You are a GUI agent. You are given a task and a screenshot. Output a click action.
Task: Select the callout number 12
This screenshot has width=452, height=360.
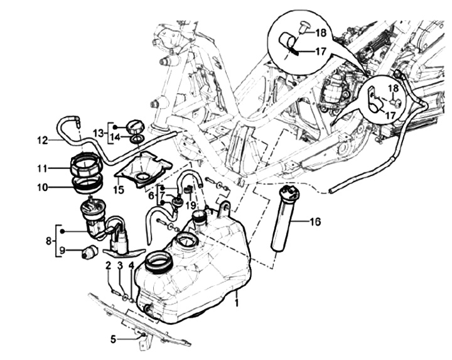pyautogui.click(x=42, y=141)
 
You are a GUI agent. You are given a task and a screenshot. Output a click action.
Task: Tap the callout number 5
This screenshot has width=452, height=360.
pyautogui.click(x=113, y=339)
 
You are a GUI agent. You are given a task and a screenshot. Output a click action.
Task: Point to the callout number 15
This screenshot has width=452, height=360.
pyautogui.click(x=119, y=190)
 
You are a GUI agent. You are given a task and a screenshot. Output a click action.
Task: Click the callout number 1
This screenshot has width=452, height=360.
pyautogui.click(x=237, y=303)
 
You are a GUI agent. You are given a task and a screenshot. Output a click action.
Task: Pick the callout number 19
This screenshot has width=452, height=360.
pyautogui.click(x=191, y=205)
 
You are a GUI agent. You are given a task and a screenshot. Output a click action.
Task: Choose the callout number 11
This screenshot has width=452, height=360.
pyautogui.click(x=42, y=168)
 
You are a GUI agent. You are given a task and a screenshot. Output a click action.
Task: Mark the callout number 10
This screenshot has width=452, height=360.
pyautogui.click(x=42, y=187)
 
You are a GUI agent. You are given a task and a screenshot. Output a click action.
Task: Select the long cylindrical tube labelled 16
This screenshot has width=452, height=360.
pyautogui.click(x=282, y=219)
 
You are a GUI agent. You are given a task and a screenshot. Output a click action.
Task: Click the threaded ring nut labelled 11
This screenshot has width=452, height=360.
pyautogui.click(x=87, y=165)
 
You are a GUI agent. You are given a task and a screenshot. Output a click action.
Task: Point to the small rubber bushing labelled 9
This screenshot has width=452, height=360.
pyautogui.click(x=90, y=251)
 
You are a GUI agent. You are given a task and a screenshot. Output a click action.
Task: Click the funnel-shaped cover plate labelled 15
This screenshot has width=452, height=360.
pyautogui.click(x=143, y=170)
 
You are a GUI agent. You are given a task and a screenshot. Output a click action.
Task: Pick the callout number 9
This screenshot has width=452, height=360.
pyautogui.click(x=63, y=251)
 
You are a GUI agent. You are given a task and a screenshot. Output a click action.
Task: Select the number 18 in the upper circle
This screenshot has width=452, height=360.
pyautogui.click(x=321, y=33)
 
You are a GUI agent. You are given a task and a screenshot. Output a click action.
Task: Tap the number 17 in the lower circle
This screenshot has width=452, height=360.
pyautogui.click(x=390, y=116)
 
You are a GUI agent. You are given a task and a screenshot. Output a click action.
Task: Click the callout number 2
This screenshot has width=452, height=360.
pyautogui.click(x=109, y=265)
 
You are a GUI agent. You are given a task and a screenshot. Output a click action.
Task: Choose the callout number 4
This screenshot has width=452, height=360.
pyautogui.click(x=131, y=265)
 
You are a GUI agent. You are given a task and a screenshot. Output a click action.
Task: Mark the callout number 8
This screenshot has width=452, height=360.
pyautogui.click(x=49, y=241)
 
